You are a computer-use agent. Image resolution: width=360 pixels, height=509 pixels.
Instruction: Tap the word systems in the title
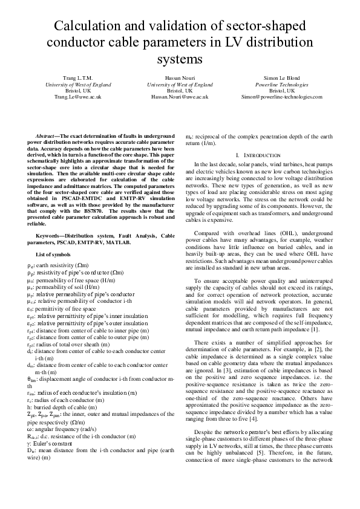pos(180,59)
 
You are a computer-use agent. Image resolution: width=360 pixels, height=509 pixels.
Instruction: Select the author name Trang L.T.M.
pos(77,79)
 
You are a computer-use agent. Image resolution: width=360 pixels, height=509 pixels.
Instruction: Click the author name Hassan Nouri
pos(180,79)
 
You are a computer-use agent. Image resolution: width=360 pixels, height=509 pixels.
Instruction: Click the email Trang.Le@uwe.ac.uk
pos(77,97)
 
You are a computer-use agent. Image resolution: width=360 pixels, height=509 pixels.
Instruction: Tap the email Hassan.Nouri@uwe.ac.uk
pos(180,97)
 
